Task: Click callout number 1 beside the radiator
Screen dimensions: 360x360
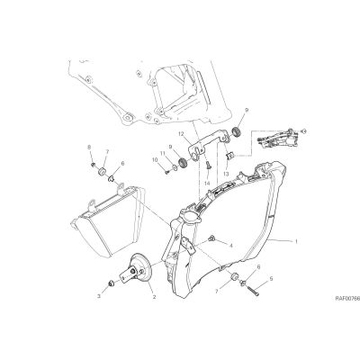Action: tap(296, 241)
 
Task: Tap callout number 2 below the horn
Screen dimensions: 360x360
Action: tap(154, 297)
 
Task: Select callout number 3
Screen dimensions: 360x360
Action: tap(98, 296)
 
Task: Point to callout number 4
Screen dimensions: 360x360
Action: tap(231, 246)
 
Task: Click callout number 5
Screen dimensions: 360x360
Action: tap(271, 279)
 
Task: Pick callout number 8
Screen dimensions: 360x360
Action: tap(89, 148)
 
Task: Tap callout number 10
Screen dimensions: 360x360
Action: tap(155, 161)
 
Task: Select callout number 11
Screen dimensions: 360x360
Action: tap(163, 153)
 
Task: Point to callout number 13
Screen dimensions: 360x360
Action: tap(226, 174)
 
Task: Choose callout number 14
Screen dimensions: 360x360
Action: tap(207, 183)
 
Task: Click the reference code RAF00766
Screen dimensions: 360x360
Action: tap(347, 299)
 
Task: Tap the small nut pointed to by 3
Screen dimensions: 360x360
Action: tap(111, 283)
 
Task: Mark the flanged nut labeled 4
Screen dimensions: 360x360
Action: tap(211, 238)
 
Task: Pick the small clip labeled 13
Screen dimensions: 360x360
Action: tap(229, 156)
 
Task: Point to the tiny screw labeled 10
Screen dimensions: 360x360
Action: tap(167, 172)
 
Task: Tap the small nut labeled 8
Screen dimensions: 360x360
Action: tap(94, 165)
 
